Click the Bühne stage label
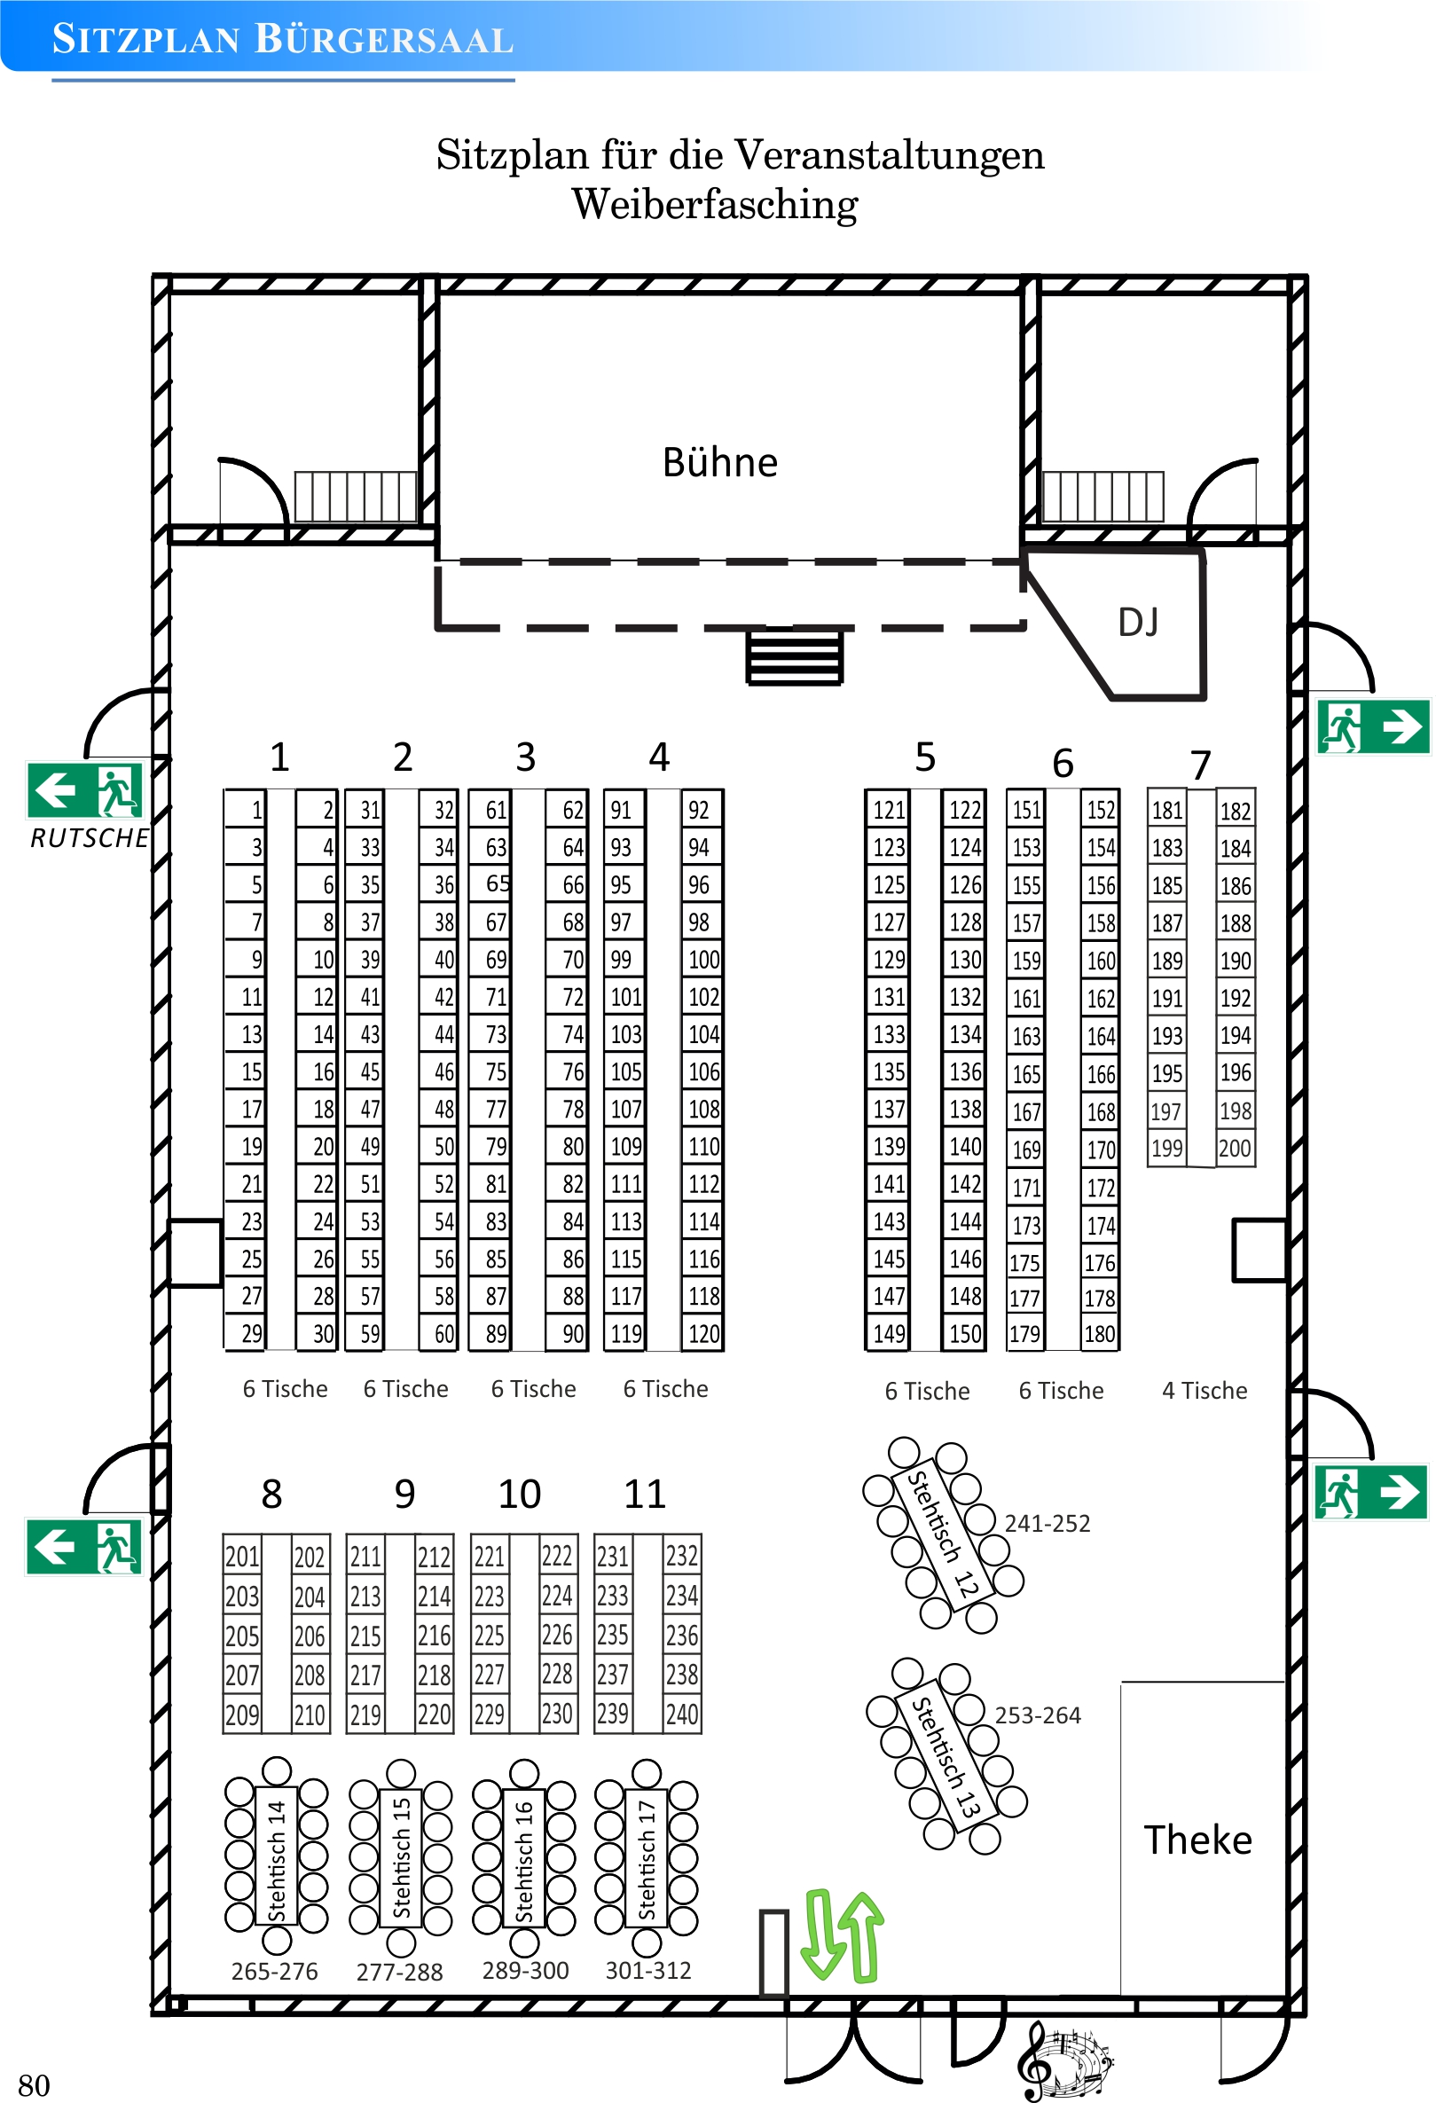[x=719, y=462]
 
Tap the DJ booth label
[x=1137, y=623]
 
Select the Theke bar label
[x=1197, y=1840]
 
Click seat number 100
[x=703, y=959]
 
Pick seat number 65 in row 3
[x=497, y=884]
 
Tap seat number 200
[x=1235, y=1149]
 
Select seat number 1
[x=256, y=810]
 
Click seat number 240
[x=681, y=1714]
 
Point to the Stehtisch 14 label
[x=276, y=1860]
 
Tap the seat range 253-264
[x=1037, y=1715]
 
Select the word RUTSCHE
[x=90, y=839]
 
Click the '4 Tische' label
[x=1204, y=1391]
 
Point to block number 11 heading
[x=644, y=1494]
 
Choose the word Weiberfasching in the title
[x=715, y=205]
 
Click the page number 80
[x=34, y=2085]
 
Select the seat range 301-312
[x=647, y=1970]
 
